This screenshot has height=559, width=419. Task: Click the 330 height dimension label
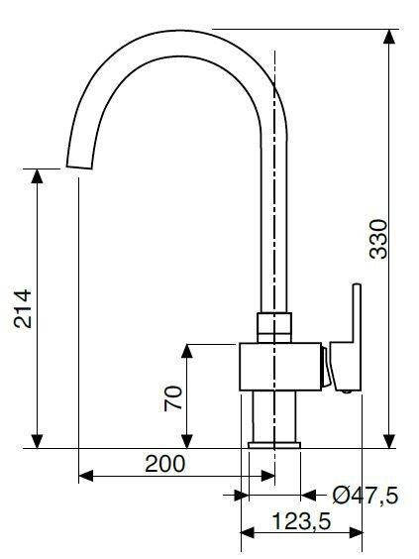tap(378, 239)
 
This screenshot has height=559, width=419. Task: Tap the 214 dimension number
tap(23, 308)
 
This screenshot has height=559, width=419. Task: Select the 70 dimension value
tap(173, 398)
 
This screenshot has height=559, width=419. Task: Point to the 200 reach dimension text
tap(165, 464)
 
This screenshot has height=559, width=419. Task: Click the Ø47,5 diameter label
tap(366, 496)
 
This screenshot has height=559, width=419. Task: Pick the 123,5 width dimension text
tap(302, 521)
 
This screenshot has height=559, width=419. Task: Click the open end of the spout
tap(79, 167)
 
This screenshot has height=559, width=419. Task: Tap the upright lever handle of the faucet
tap(346, 337)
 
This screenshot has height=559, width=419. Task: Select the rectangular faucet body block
tap(280, 367)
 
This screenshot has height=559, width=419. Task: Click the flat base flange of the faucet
tap(274, 445)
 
